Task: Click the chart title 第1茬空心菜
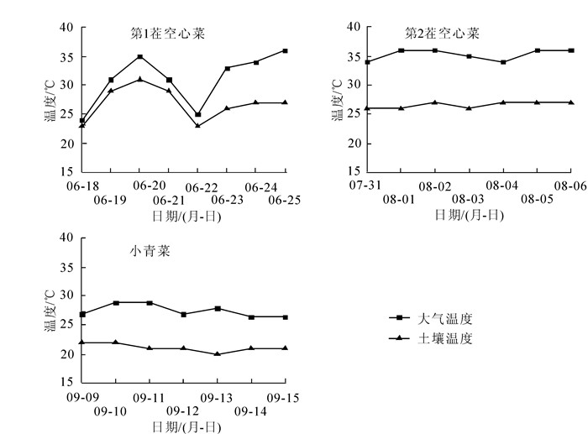167,34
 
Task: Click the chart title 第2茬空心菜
442,34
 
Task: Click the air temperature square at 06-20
139,57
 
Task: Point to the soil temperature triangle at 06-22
198,126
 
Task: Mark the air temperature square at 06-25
286,51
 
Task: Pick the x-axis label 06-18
81,186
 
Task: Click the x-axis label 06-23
227,201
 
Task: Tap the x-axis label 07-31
367,186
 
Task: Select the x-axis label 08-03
469,201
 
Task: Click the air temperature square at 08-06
571,51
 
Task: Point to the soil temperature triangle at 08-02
435,102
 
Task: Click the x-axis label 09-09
81,397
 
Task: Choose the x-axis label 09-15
286,397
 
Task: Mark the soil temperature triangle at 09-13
218,354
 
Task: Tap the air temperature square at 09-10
116,303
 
